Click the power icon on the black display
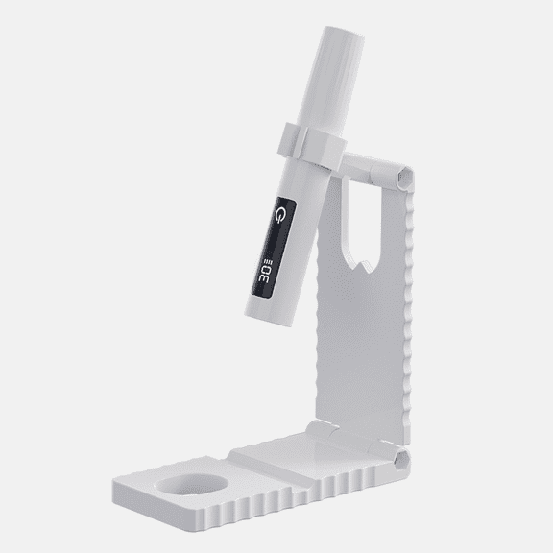coord(280,215)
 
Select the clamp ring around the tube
coord(311,145)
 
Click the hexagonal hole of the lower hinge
coord(402,460)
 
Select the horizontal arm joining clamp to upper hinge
coord(356,166)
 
